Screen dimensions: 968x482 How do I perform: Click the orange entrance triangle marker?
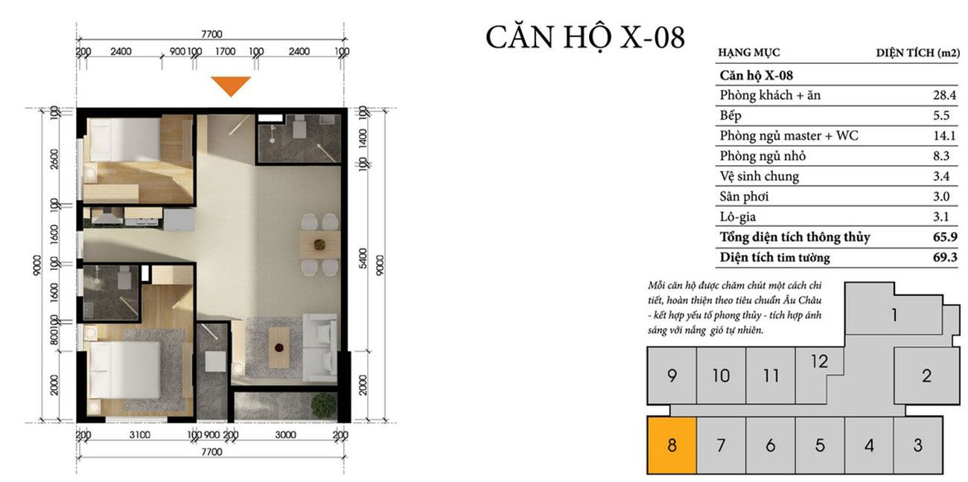231,86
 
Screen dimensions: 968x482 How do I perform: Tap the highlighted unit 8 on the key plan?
672,445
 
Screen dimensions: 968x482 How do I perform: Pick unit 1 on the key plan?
894,314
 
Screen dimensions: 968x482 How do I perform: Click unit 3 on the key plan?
918,445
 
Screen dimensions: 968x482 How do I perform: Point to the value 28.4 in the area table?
944,95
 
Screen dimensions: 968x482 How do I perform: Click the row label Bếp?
730,115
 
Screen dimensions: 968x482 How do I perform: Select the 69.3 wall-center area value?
945,257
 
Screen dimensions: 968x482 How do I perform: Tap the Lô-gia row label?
738,216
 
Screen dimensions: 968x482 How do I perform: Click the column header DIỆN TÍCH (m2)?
918,53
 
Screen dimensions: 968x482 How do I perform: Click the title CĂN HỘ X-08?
585,37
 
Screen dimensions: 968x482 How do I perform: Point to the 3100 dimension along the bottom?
139,434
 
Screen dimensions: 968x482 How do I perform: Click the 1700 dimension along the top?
225,51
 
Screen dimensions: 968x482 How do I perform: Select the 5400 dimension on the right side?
363,258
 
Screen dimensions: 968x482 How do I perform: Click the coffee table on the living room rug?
279,347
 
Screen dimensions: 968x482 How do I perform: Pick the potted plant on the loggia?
324,405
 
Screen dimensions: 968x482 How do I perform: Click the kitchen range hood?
106,216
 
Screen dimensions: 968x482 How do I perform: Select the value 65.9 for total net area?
945,237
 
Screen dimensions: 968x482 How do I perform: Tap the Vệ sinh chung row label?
760,176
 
